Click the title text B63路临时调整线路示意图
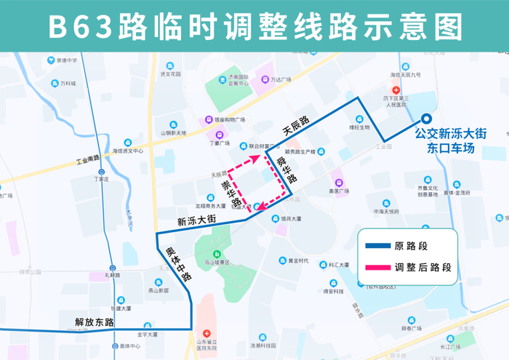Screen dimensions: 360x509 tap(254, 26)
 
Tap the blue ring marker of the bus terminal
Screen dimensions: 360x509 tap(427, 121)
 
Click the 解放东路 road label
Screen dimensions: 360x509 tap(95, 321)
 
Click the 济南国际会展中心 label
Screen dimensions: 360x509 tap(238, 80)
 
